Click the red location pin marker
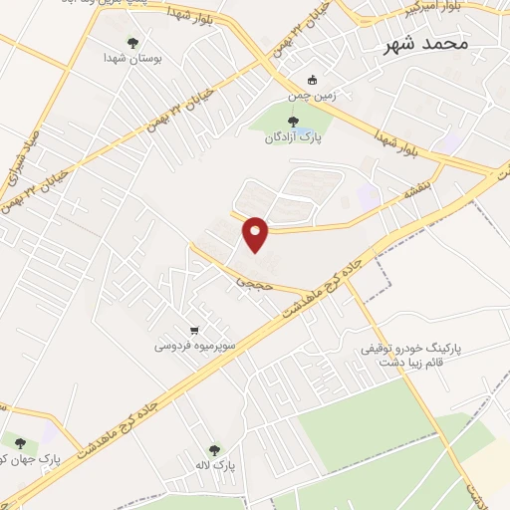tap(256, 233)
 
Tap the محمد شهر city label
tap(429, 45)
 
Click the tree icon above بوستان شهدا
tap(132, 42)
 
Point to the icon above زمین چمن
tap(312, 81)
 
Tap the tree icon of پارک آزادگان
tap(292, 121)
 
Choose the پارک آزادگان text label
tap(290, 137)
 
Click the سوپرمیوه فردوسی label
tap(193, 347)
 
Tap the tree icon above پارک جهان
tap(20, 440)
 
